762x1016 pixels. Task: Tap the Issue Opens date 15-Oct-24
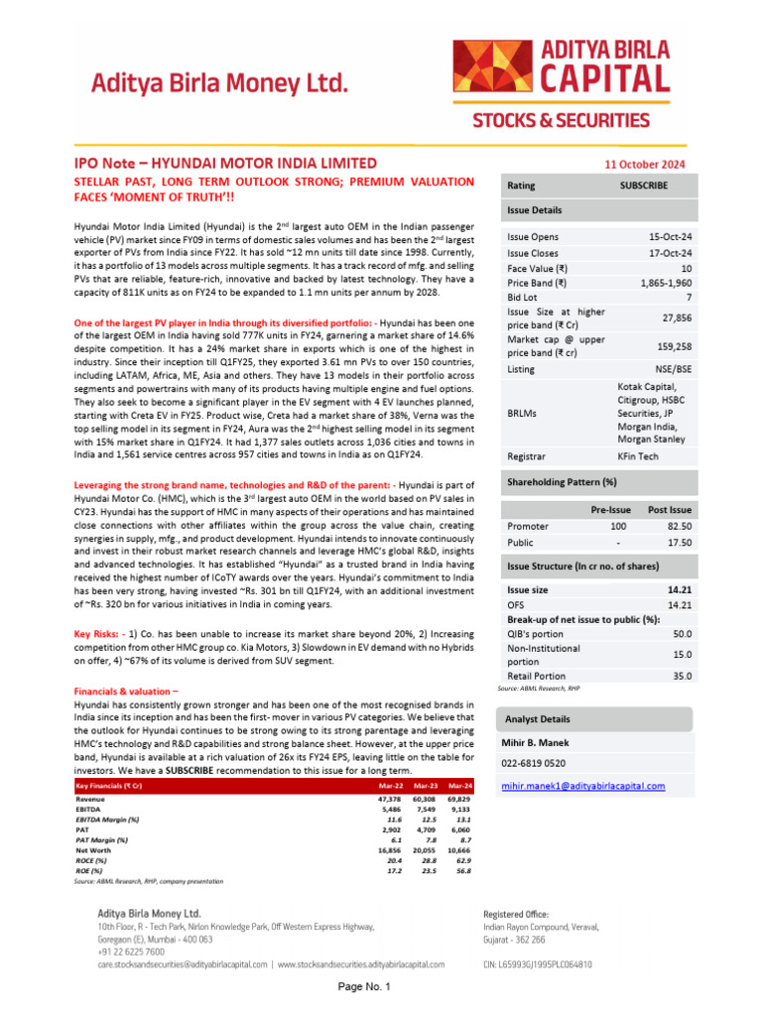tap(670, 237)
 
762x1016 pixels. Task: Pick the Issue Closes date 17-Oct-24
tap(670, 254)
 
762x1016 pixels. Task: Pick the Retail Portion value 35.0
tap(680, 676)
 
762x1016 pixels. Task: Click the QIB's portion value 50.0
tap(682, 633)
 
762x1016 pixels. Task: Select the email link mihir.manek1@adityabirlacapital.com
tap(583, 786)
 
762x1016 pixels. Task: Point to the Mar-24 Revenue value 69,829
tap(457, 798)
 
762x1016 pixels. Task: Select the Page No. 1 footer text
tap(365, 987)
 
